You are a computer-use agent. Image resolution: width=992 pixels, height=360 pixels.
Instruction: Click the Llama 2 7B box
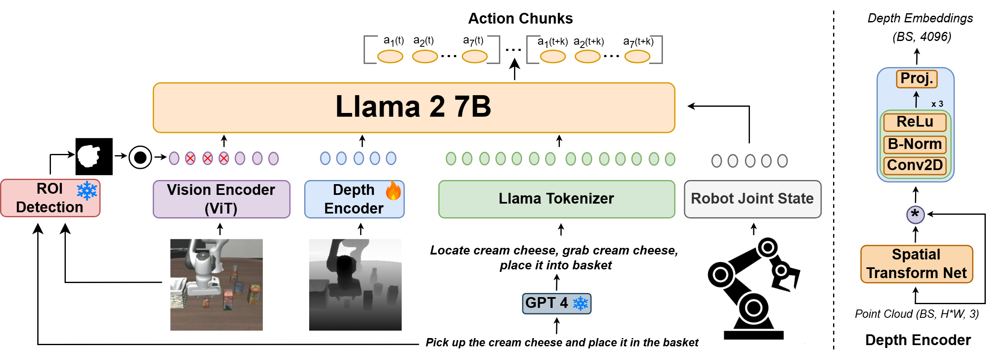414,108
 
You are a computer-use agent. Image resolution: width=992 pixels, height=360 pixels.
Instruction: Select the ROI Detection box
50,198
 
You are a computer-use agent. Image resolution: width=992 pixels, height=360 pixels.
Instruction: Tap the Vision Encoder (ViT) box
221,199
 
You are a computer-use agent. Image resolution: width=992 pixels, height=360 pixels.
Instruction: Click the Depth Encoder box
354,199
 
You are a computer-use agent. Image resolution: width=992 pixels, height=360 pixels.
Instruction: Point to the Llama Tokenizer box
557,199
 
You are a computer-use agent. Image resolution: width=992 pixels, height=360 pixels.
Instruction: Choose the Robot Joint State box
752,199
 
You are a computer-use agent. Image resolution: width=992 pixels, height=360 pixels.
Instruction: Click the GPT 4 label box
556,303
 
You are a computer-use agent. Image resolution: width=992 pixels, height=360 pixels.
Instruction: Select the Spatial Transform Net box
917,264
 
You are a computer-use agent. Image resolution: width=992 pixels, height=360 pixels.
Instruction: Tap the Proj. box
917,79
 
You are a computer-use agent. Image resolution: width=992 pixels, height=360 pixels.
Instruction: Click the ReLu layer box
915,122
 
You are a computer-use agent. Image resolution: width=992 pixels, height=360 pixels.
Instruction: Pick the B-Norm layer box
915,144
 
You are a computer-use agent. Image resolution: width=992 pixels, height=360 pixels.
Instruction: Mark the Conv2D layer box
915,166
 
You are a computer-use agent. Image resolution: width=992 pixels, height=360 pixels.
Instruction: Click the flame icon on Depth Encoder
393,191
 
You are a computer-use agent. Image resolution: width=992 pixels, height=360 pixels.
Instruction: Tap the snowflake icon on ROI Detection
87,191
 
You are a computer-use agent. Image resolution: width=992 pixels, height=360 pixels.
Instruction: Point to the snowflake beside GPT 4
580,303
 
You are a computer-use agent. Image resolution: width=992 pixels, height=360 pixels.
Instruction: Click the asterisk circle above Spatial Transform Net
915,215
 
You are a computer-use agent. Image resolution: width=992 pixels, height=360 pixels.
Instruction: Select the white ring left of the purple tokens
140,158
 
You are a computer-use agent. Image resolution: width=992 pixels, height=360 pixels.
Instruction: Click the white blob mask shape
89,156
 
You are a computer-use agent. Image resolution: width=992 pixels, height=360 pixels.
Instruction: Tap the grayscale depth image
355,285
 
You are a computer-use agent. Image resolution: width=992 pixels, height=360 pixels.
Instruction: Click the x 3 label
937,104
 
